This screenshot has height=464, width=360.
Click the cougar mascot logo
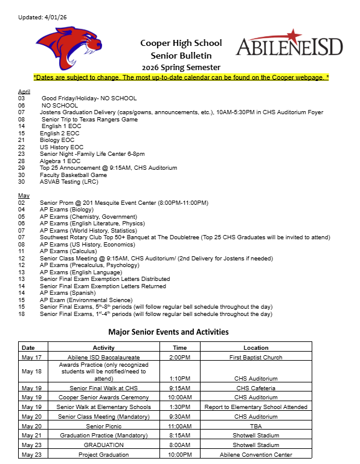(x=68, y=49)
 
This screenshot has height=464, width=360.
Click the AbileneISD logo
(x=289, y=47)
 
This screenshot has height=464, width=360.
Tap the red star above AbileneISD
(x=293, y=34)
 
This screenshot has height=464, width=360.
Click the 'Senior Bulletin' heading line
(x=181, y=55)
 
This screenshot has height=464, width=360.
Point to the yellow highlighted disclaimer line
(x=181, y=78)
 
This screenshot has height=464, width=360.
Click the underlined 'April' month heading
(x=24, y=91)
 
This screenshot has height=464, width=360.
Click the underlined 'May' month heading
(x=24, y=195)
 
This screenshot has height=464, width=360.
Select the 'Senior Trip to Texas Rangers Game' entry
(x=89, y=119)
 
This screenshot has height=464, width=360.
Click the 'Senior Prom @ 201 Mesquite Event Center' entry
(x=123, y=202)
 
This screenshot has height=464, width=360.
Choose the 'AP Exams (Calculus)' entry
(x=64, y=251)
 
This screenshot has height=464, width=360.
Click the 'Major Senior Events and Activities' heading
(x=168, y=332)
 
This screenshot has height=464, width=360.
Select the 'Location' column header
(x=256, y=348)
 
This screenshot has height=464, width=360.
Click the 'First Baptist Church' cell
(x=256, y=357)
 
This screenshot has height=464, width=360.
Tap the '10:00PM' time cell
(x=179, y=454)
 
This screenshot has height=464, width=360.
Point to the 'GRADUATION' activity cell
(x=103, y=445)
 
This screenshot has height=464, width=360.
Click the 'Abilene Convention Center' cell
(x=256, y=454)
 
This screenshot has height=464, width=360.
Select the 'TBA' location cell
(x=256, y=426)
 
